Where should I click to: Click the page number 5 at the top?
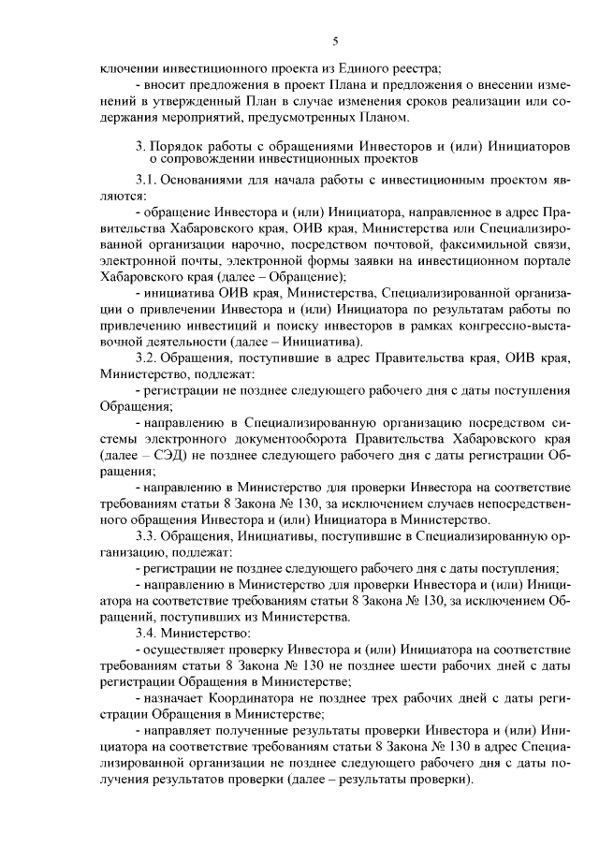[x=334, y=40]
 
